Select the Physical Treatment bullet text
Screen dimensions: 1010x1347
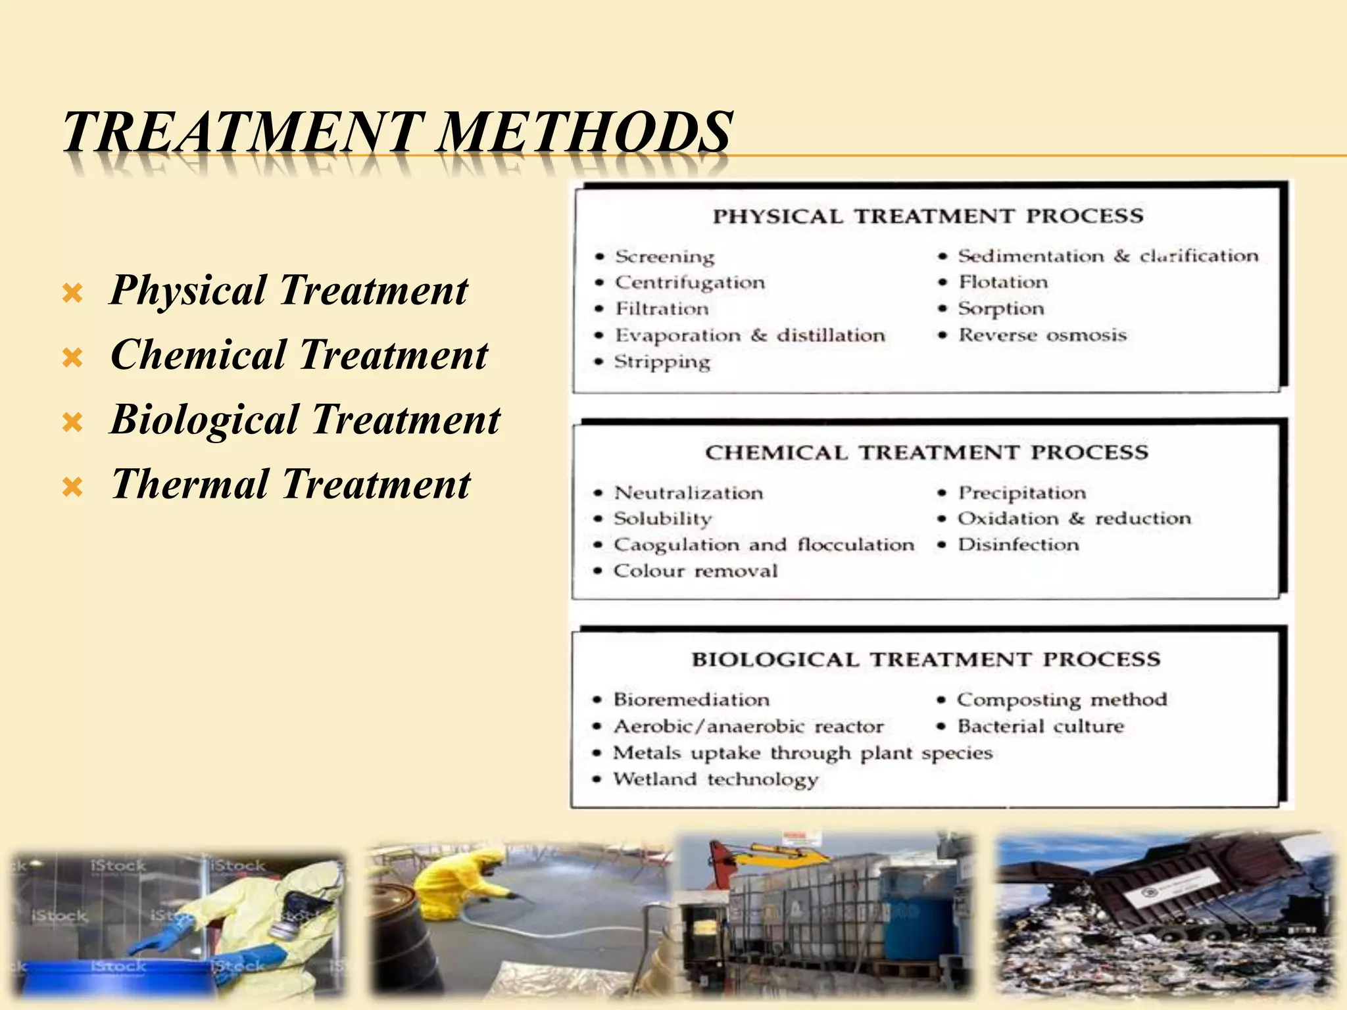coord(288,290)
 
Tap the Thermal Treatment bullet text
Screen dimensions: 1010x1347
coord(290,484)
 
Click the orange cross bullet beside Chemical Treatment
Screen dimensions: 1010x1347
coord(72,358)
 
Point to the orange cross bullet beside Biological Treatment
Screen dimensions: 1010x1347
coord(72,422)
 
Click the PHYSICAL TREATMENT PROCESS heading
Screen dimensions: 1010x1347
coord(928,216)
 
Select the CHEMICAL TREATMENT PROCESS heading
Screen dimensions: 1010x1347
coord(927,452)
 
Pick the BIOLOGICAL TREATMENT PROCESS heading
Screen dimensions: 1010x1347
coord(926,660)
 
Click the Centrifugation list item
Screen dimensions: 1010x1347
coord(690,283)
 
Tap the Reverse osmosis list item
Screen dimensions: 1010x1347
coord(1042,335)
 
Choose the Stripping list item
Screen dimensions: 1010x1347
coord(662,362)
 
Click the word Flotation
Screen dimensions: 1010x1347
coord(1003,282)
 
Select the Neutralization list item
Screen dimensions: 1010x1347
coord(689,493)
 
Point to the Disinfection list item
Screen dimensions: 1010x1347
coord(1018,545)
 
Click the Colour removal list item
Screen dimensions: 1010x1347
coord(695,571)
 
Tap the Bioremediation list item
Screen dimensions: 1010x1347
coord(691,700)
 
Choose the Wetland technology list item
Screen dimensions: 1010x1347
coord(716,780)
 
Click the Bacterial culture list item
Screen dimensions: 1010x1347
coord(1041,727)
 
